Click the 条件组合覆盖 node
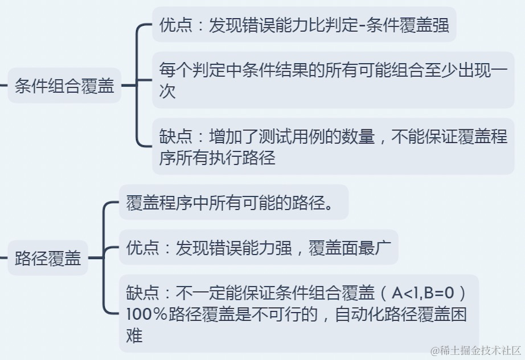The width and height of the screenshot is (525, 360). pos(64,86)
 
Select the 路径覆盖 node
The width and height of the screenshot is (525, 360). pos(48,259)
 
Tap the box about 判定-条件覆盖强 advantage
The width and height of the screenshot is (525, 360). pos(304,25)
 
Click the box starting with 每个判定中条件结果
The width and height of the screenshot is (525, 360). pos(333,80)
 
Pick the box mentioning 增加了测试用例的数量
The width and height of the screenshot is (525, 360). pos(333,146)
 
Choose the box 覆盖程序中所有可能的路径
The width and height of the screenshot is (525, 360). pos(232,203)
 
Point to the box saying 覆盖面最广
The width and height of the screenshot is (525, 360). pos(258,248)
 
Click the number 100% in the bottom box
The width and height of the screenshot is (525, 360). pos(146,315)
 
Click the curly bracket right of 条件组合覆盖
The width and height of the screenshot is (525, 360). pos(138,85)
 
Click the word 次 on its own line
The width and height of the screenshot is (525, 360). pos(167,92)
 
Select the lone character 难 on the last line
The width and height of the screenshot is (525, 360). pos(134,336)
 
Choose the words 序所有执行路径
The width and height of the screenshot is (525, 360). pos(217,158)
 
